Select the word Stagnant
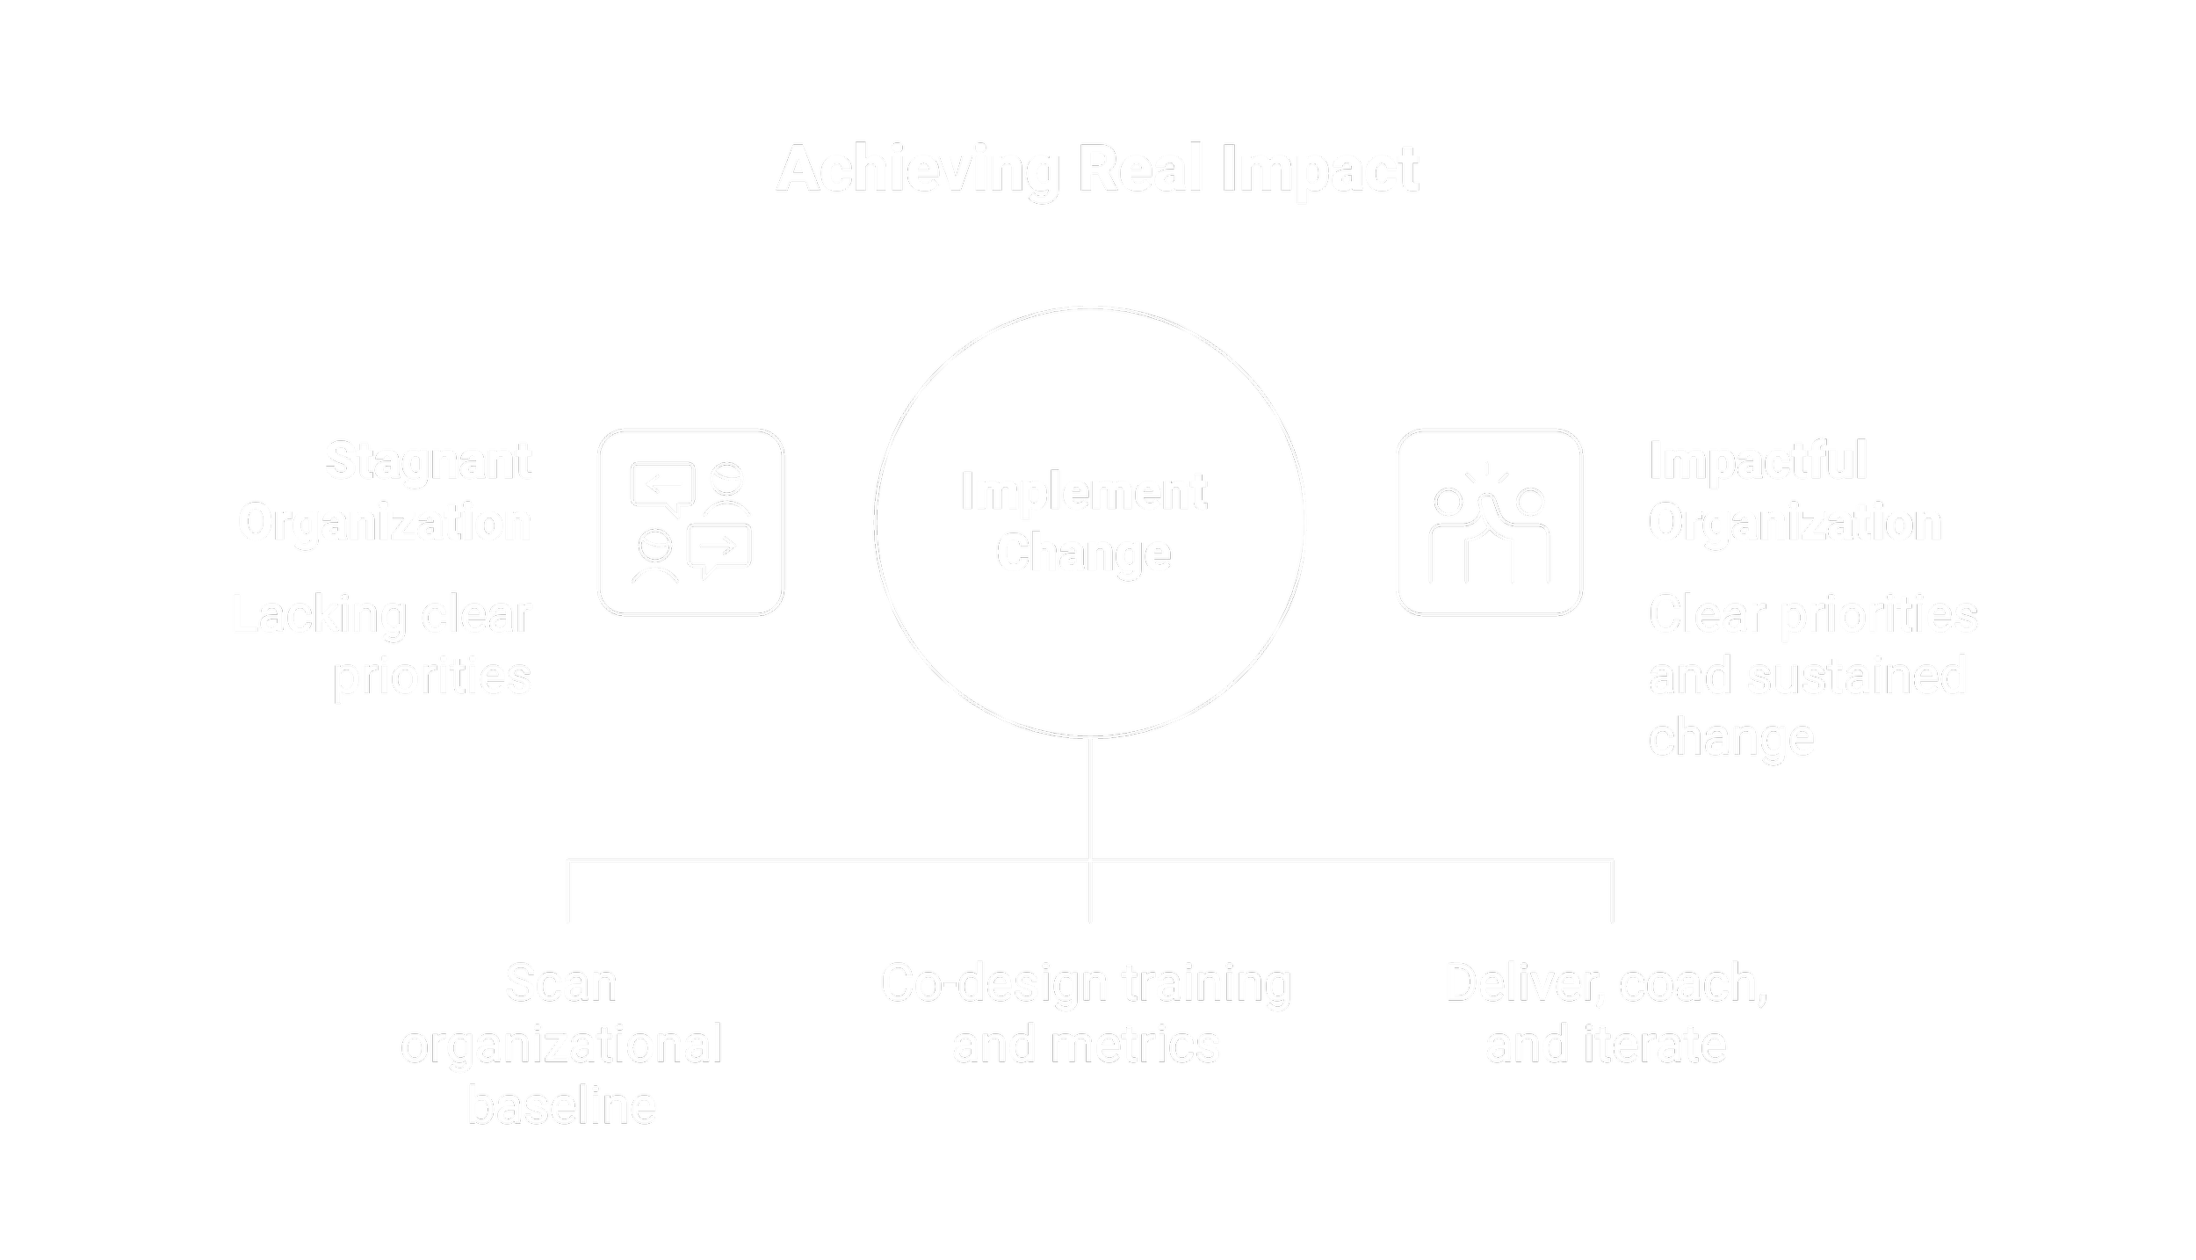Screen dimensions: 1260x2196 428,461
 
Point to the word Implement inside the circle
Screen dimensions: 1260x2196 1083,491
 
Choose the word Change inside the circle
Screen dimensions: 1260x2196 1083,553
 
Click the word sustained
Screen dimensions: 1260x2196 1857,676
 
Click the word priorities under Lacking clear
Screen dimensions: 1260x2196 432,676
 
